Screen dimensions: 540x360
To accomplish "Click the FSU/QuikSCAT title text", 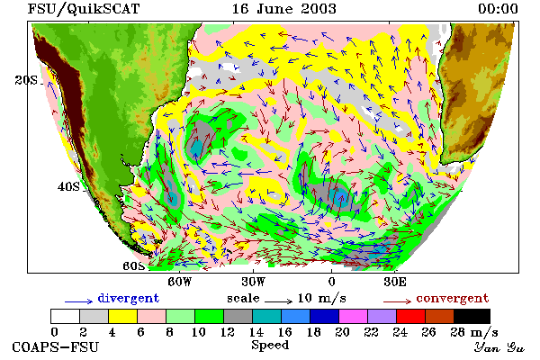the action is click(x=84, y=9).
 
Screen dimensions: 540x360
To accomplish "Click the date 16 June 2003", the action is click(x=283, y=9).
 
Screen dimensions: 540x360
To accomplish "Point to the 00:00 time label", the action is click(x=498, y=9).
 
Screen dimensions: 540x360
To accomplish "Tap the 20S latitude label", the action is click(x=26, y=80).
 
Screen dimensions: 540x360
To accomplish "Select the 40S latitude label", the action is click(x=68, y=186).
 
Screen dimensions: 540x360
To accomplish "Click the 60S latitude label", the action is click(x=133, y=266).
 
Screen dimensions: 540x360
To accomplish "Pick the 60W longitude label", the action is click(x=179, y=282).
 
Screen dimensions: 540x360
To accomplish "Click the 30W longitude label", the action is click(x=254, y=282).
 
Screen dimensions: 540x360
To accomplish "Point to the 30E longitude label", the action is click(x=395, y=282).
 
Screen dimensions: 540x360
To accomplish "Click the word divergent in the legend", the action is click(x=129, y=298).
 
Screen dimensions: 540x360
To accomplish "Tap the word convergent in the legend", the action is click(x=453, y=298).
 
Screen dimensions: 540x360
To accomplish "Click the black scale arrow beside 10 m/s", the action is click(x=278, y=301).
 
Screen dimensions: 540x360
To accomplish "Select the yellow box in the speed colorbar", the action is click(x=122, y=316).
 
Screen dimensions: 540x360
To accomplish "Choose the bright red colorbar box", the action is click(x=411, y=316).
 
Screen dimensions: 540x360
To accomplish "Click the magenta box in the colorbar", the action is click(x=354, y=316).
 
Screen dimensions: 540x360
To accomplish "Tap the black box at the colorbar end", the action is click(x=472, y=316).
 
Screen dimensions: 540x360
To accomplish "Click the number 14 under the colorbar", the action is click(x=256, y=332).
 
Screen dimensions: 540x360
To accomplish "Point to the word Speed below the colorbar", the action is click(x=270, y=346).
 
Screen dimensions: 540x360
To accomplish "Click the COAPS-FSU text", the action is click(x=56, y=346).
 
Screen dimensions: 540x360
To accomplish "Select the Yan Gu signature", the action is click(x=499, y=347).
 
